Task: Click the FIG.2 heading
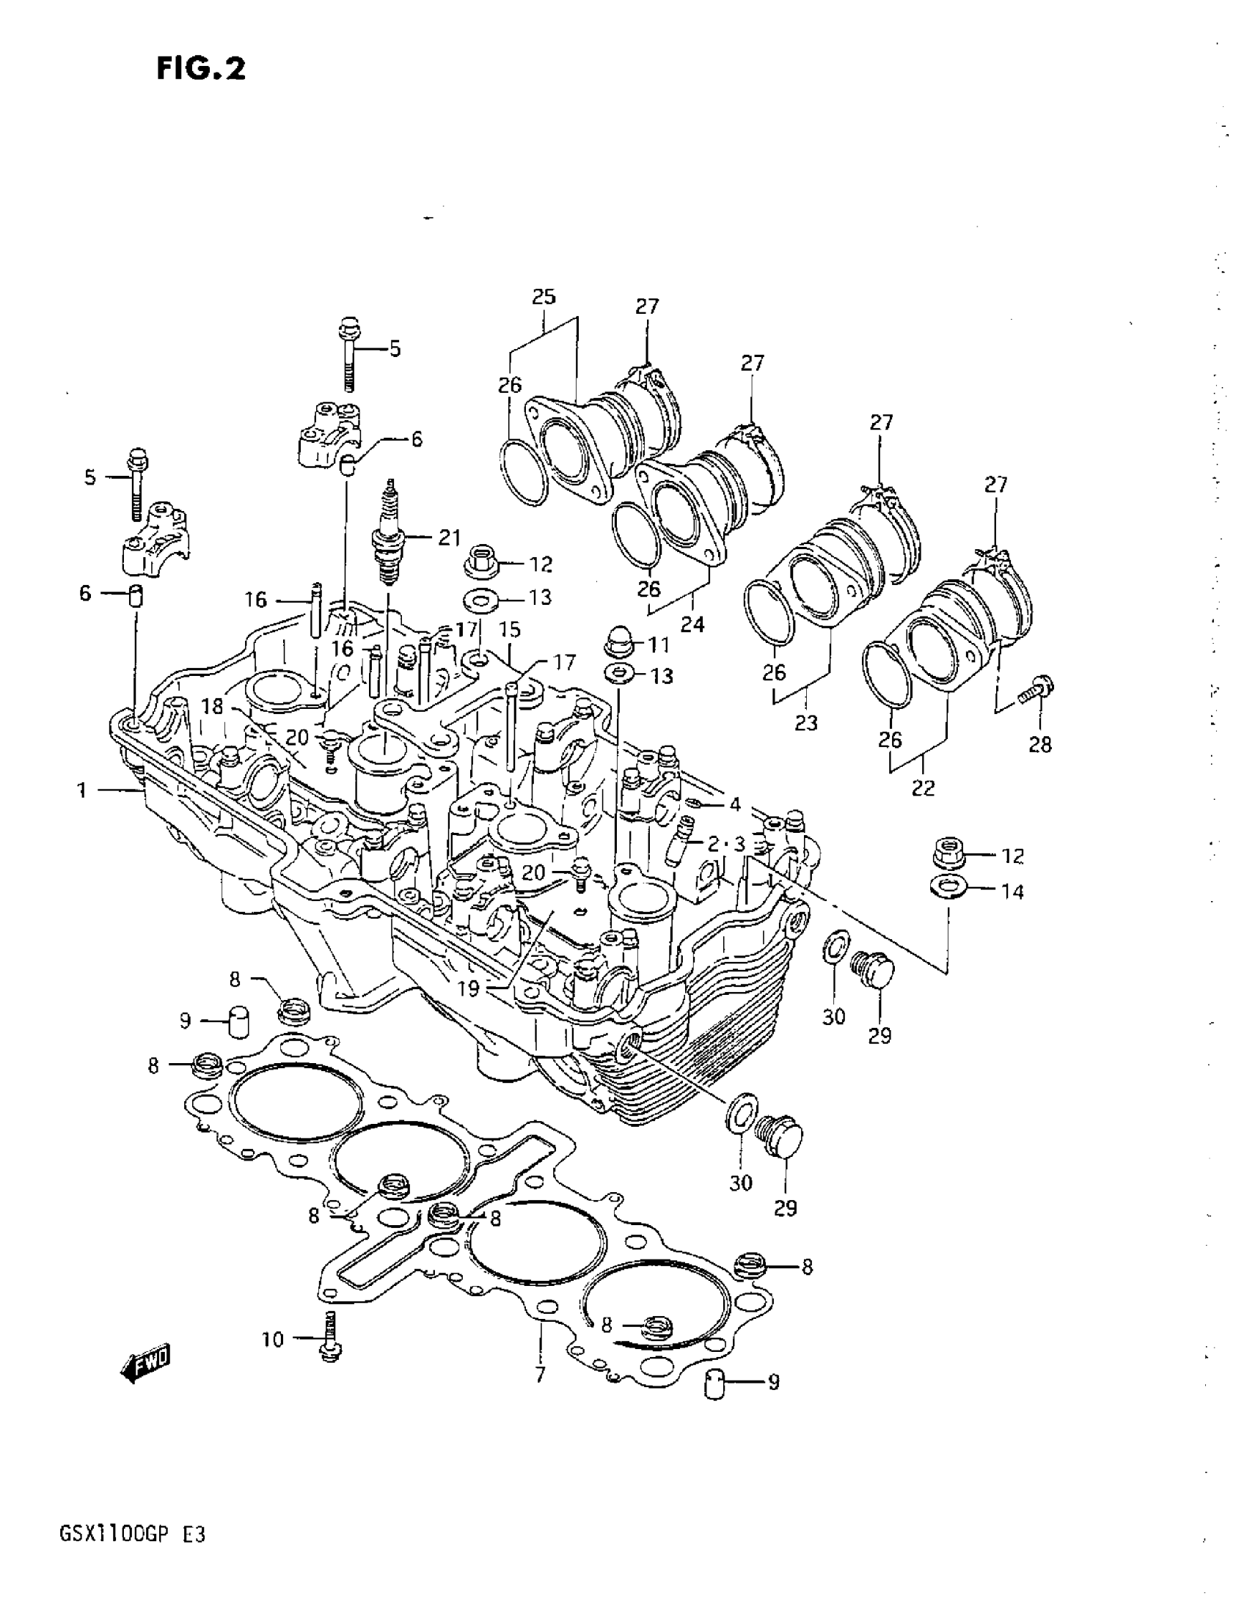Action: [200, 70]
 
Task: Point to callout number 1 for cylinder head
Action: [82, 791]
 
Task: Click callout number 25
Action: [544, 297]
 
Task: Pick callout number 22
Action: [922, 788]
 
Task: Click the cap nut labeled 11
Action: [617, 642]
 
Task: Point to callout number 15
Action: [510, 630]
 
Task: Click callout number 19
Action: [469, 988]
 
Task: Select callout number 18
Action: [213, 706]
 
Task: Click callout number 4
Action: [735, 804]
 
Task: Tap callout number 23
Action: [806, 722]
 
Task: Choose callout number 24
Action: [692, 625]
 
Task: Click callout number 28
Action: [1040, 745]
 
